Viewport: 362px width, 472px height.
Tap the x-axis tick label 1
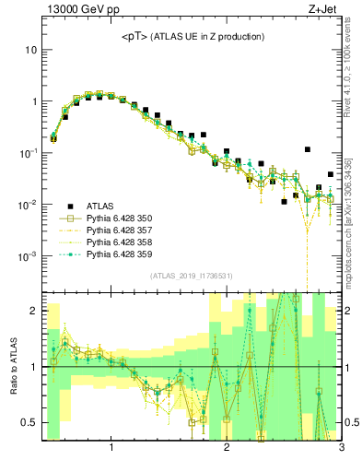(x=111, y=449)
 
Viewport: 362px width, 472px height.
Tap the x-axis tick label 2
(x=227, y=449)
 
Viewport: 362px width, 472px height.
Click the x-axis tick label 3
(x=341, y=449)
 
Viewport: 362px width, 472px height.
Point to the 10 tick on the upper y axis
(x=30, y=50)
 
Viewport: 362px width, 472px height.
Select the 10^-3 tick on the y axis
(x=29, y=256)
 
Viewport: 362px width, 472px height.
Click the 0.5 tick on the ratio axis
(x=29, y=423)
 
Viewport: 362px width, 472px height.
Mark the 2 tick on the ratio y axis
(x=32, y=312)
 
